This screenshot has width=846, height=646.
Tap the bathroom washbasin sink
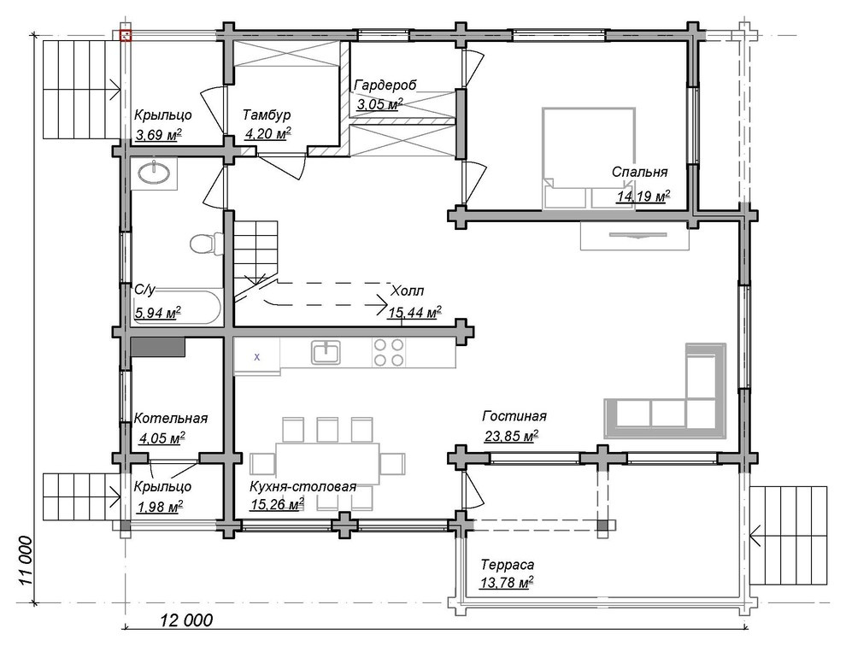coord(154,173)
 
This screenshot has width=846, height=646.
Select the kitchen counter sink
coord(326,352)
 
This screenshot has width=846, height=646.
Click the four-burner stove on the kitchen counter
coord(389,352)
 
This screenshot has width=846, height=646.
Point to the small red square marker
coord(125,36)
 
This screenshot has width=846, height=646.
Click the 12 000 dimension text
coord(186,620)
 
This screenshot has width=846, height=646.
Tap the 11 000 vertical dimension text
coord(25,561)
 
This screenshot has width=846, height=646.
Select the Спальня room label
coord(639,172)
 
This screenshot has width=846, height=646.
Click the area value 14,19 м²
coord(643,196)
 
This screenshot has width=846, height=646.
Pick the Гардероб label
coord(385,85)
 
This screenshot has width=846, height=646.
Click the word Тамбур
coord(267,115)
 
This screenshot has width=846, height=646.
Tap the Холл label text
coord(407,291)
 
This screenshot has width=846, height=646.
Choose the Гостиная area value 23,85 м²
coord(512,436)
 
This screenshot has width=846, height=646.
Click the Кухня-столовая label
coord(303,486)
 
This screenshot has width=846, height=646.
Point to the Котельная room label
coord(171,418)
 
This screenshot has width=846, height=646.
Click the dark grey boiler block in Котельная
coord(158,347)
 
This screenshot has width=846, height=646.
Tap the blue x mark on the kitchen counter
coord(257,356)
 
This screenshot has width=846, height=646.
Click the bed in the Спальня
coord(589,157)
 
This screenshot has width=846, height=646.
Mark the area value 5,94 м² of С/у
coord(157,312)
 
